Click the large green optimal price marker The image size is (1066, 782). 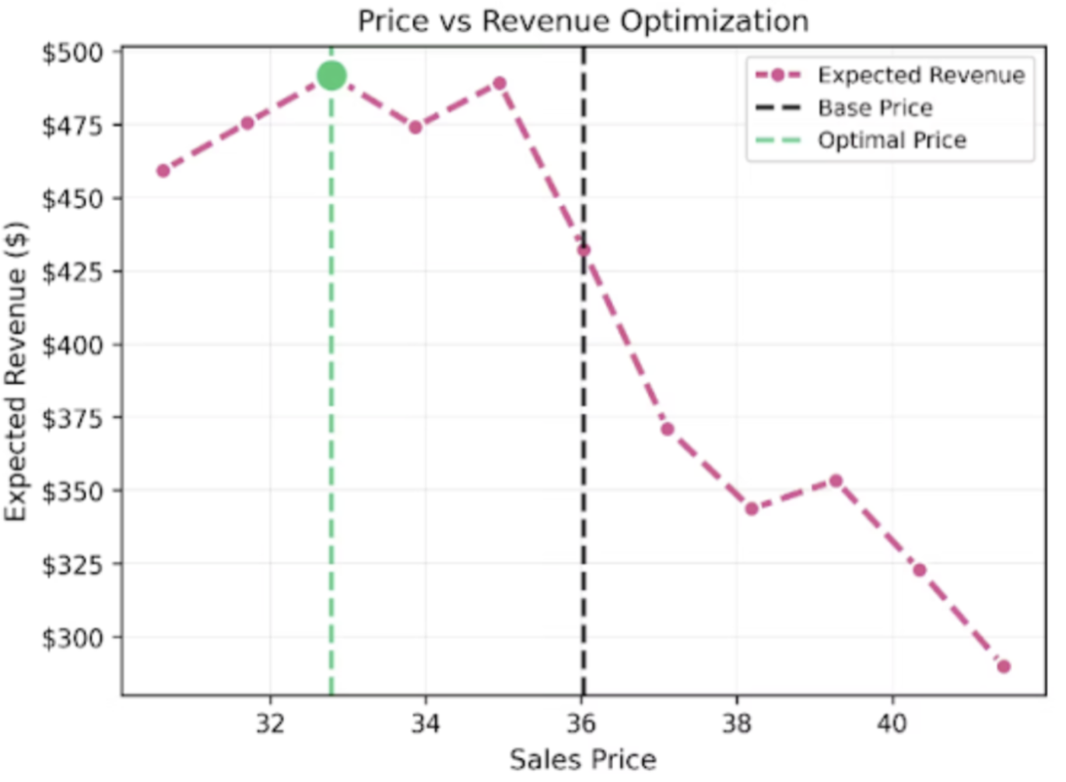(331, 76)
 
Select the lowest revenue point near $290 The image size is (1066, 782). (1004, 666)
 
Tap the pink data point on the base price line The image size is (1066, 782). (584, 250)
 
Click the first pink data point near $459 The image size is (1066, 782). (163, 171)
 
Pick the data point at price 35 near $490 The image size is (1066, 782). (500, 83)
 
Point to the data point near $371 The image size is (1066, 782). (667, 429)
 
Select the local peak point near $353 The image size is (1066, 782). (836, 481)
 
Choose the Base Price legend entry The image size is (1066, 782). (875, 108)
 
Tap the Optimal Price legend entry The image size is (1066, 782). (892, 141)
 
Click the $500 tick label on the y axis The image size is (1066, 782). (72, 53)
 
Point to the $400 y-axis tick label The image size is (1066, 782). (72, 345)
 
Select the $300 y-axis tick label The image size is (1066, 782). (72, 638)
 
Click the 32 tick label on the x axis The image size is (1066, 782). (270, 724)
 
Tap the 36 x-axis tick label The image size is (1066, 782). (581, 724)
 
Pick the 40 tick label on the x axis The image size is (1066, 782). (892, 724)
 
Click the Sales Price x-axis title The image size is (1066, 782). (583, 759)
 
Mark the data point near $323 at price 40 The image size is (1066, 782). (920, 570)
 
